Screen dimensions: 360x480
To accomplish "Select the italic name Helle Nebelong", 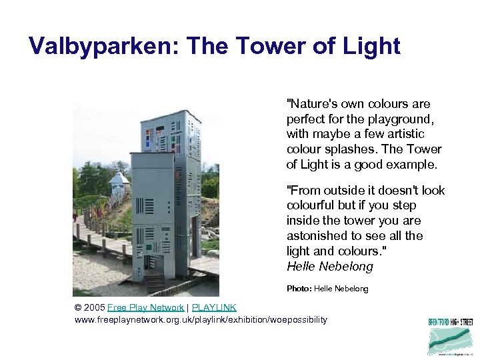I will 329,267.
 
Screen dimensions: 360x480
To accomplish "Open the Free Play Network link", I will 145,307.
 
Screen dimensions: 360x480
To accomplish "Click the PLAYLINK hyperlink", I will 214,307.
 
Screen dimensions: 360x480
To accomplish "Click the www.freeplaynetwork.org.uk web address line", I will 201,320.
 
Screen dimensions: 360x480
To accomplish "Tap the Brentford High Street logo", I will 450,336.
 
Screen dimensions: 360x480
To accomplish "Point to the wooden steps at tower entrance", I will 153,281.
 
